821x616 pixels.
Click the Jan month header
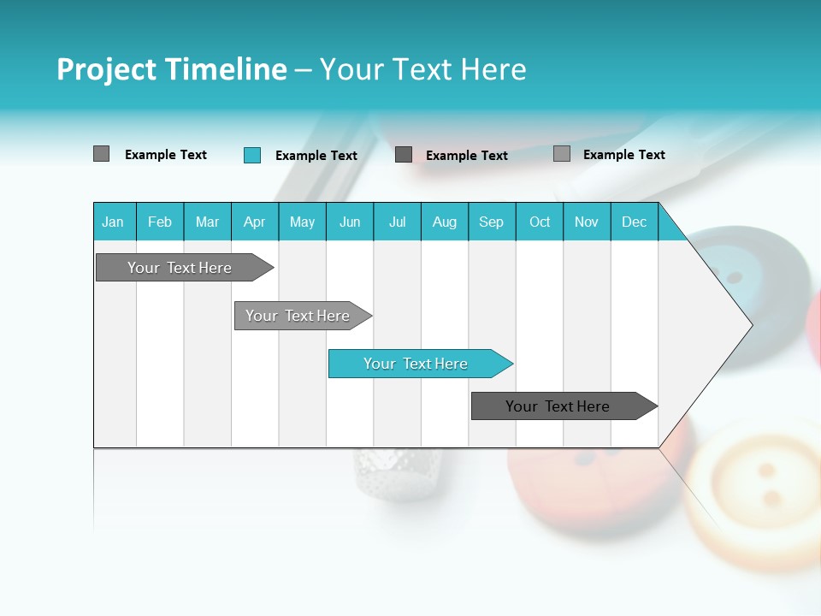(113, 222)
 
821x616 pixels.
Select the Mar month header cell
(207, 222)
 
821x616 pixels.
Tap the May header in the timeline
(302, 222)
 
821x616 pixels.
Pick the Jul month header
(397, 222)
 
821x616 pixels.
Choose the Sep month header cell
(491, 222)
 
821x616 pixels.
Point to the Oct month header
(540, 222)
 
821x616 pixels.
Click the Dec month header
(634, 222)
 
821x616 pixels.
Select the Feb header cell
(160, 222)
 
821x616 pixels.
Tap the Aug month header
(444, 222)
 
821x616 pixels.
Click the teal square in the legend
(252, 155)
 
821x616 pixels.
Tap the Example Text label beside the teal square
(316, 156)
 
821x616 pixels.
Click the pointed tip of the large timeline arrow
(751, 325)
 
